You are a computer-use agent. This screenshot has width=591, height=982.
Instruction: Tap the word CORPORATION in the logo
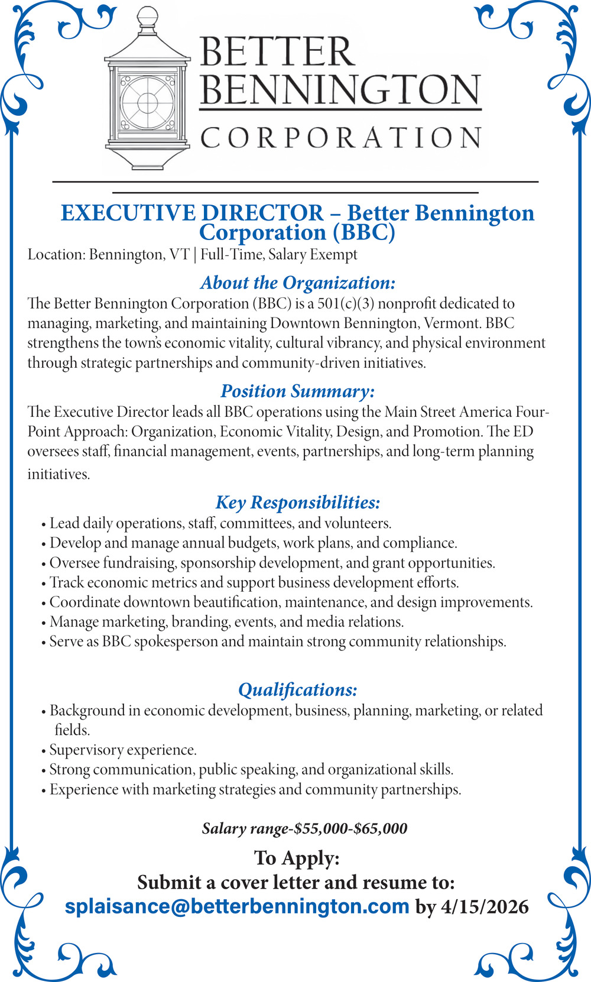pyautogui.click(x=340, y=138)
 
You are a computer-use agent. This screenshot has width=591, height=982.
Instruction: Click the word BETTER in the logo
pyautogui.click(x=277, y=52)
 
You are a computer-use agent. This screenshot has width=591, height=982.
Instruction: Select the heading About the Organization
pyautogui.click(x=297, y=283)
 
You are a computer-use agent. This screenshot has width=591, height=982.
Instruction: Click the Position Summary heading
pyautogui.click(x=297, y=391)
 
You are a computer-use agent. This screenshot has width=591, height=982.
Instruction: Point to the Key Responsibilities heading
pyautogui.click(x=297, y=503)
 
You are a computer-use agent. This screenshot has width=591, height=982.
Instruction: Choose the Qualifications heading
pyautogui.click(x=297, y=690)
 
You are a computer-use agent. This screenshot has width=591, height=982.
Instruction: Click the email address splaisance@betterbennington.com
pyautogui.click(x=237, y=906)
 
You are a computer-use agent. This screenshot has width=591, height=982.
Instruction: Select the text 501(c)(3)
pyautogui.click(x=345, y=304)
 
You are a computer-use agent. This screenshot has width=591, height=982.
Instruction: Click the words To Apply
pyautogui.click(x=297, y=858)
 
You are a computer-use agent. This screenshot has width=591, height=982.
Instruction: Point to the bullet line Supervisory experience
pyautogui.click(x=122, y=750)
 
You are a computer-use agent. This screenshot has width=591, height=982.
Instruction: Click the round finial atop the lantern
pyautogui.click(x=147, y=15)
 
